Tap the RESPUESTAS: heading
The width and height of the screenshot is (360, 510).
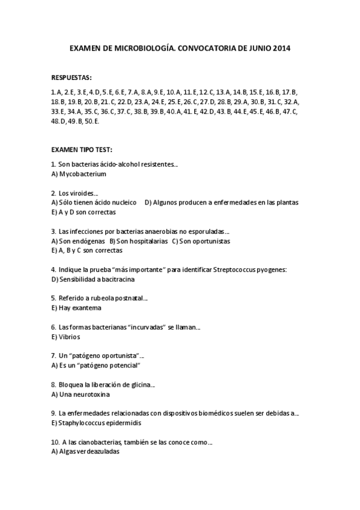pos(72,78)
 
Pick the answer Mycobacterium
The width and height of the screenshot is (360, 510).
pos(83,174)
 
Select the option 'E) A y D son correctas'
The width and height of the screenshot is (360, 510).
pos(84,212)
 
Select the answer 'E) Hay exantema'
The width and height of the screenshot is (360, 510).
pos(76,308)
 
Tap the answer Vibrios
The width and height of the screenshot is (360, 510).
pos(70,337)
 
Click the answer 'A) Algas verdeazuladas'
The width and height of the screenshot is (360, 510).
pos(86,452)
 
